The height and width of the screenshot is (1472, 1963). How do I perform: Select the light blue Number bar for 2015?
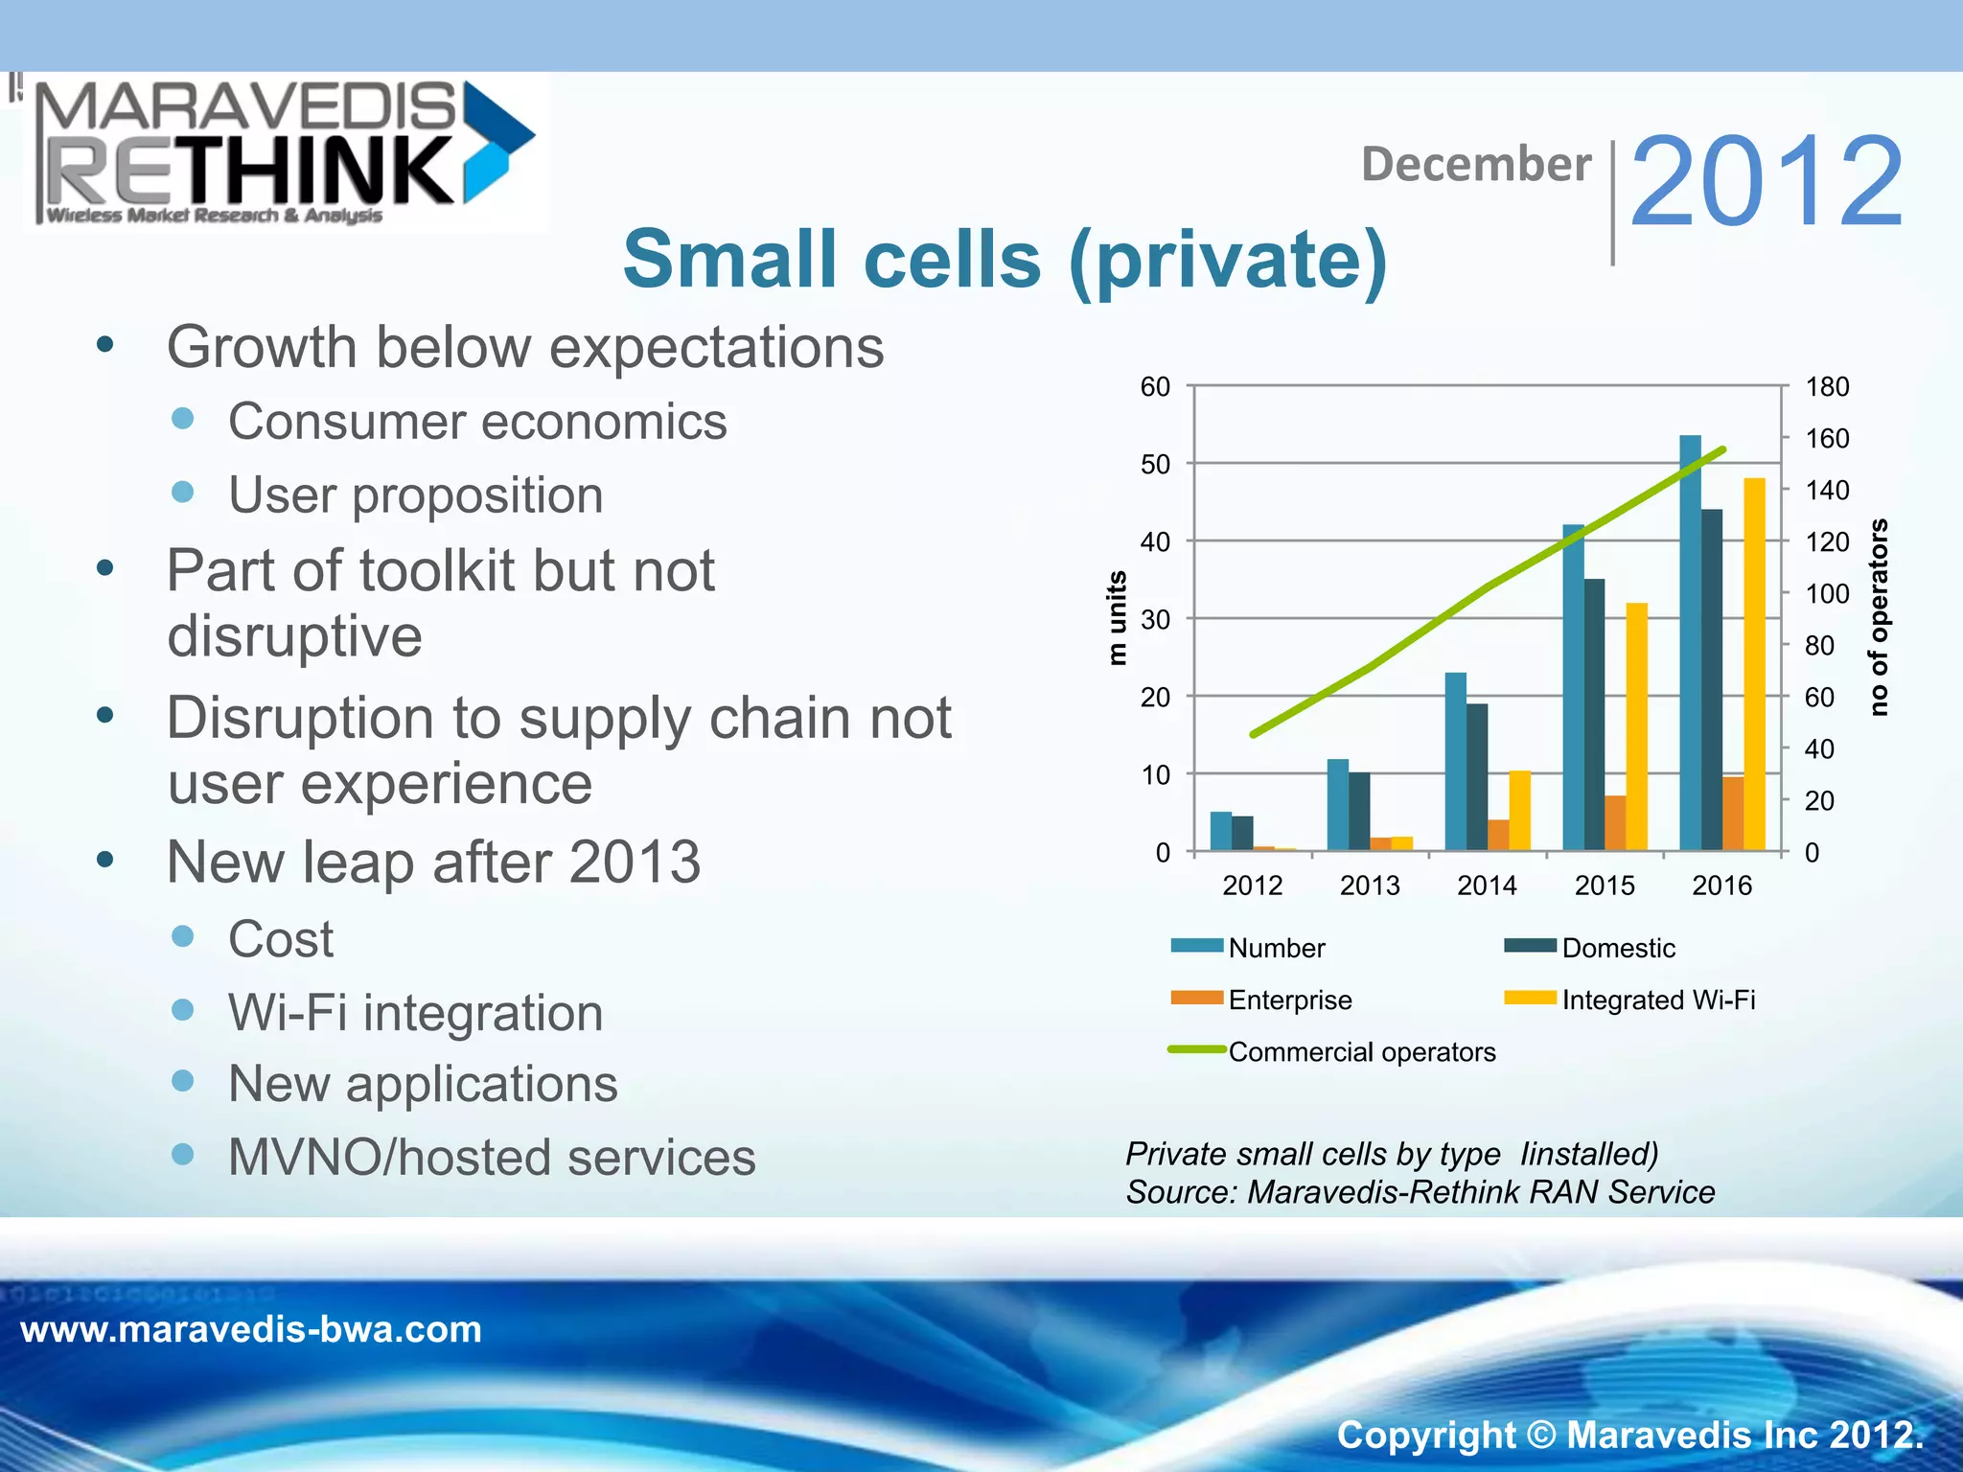click(1573, 686)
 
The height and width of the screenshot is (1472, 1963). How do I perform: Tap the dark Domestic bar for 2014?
click(1477, 776)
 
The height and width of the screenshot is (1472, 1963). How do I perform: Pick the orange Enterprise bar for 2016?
click(1733, 813)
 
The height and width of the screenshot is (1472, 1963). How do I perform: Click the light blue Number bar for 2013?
click(1338, 804)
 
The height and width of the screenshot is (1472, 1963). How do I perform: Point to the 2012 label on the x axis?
click(1253, 885)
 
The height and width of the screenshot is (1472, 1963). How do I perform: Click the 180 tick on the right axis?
click(1827, 387)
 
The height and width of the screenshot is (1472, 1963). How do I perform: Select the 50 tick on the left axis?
click(1155, 465)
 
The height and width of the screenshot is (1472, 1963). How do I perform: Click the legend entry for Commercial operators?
click(1361, 1051)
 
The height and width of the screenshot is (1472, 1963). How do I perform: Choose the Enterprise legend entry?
click(1289, 1000)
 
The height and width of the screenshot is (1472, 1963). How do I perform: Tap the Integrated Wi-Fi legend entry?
click(1657, 1000)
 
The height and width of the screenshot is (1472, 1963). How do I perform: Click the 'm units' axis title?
click(1117, 618)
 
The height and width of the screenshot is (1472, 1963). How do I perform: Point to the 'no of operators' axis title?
click(1879, 618)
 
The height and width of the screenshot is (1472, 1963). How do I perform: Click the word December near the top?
click(1476, 164)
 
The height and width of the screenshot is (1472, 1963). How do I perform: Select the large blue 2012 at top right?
click(1767, 182)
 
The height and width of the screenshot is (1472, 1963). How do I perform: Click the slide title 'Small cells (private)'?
click(1005, 259)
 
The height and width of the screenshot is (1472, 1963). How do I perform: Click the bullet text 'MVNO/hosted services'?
click(492, 1157)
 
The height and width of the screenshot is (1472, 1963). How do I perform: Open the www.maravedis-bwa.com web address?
click(251, 1330)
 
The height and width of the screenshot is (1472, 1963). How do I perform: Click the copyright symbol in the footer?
click(1540, 1435)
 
